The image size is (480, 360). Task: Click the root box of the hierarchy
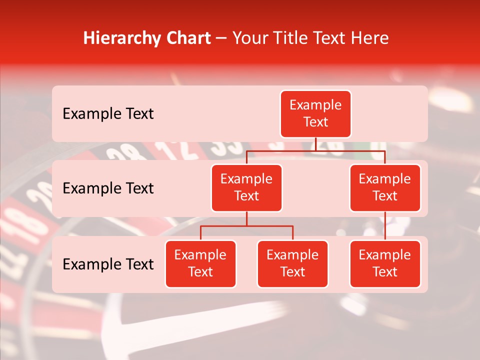pyautogui.click(x=315, y=114)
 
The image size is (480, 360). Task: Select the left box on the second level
pyautogui.click(x=246, y=187)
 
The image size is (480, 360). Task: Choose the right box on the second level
pyautogui.click(x=385, y=187)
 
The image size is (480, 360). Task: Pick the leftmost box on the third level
pyautogui.click(x=200, y=263)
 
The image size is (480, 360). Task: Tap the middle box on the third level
pyautogui.click(x=292, y=263)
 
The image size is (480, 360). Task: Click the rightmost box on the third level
pyautogui.click(x=385, y=263)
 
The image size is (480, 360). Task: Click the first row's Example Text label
pyautogui.click(x=108, y=114)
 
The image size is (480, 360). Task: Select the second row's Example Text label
pyautogui.click(x=108, y=188)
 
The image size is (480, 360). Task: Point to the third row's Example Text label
pyautogui.click(x=108, y=264)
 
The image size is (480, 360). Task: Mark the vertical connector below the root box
pyautogui.click(x=315, y=144)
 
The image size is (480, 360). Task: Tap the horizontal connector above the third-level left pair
pyautogui.click(x=246, y=226)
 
